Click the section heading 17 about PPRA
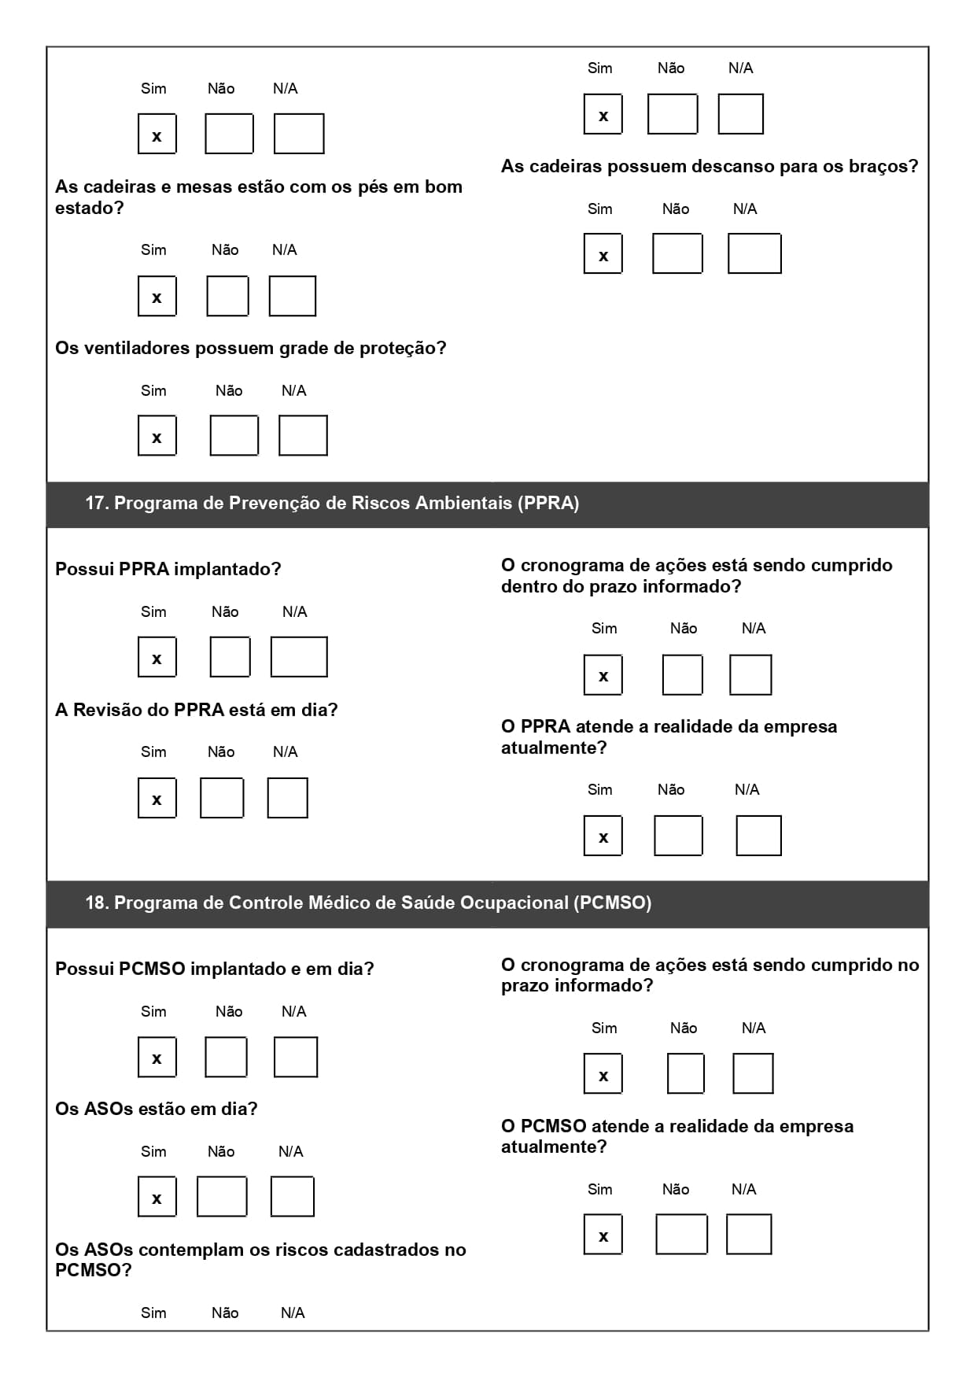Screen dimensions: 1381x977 point(332,504)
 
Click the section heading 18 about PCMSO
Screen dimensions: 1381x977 point(368,903)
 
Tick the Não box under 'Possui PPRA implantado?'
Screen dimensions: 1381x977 point(230,657)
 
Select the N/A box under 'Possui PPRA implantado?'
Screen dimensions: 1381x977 point(299,657)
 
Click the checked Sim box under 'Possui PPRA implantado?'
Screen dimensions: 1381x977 point(157,657)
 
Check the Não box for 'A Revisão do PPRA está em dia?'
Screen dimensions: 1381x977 point(222,798)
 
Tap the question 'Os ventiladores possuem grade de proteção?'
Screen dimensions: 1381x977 point(250,348)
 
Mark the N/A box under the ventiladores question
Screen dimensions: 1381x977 point(303,436)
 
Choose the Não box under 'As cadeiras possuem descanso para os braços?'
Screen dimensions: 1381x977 point(677,253)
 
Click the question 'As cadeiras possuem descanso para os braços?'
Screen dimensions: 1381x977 point(710,167)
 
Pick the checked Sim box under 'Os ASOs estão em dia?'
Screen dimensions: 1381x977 point(157,1197)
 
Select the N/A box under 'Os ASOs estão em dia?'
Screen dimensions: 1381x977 point(292,1197)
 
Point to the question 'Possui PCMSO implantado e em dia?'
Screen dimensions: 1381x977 point(214,969)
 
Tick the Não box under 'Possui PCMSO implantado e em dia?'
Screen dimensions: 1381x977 point(226,1057)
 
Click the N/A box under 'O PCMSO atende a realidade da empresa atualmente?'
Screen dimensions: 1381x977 point(748,1234)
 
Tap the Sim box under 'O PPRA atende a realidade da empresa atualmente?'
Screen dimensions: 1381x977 point(603,836)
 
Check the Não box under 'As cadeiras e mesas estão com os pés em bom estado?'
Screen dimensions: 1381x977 point(227,296)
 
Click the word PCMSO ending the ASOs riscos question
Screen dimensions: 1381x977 point(93,1270)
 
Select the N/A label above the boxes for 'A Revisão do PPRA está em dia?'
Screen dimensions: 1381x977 point(285,752)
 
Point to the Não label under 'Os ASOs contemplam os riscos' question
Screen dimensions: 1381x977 point(225,1313)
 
